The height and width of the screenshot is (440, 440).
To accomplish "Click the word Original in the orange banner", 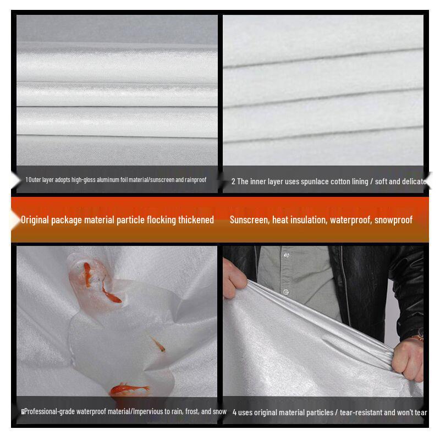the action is click(35, 219).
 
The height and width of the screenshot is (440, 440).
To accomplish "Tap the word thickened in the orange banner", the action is click(196, 219).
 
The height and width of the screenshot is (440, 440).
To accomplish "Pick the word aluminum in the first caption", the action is click(108, 180).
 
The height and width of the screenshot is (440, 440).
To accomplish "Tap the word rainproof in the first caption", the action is click(195, 180).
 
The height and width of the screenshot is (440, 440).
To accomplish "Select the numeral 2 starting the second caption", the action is click(233, 182).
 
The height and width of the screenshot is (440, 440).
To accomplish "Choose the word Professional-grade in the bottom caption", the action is click(50, 411).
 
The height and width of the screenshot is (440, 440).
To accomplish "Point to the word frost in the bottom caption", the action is click(192, 411).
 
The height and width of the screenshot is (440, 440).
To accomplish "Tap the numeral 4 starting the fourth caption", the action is click(235, 413).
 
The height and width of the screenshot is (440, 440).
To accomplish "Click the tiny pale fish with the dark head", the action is click(159, 345).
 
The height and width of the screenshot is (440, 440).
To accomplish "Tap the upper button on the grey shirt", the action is click(286, 255).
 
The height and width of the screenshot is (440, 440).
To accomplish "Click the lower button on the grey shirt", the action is click(286, 292).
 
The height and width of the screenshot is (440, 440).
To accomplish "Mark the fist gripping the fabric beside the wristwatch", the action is click(408, 359).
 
